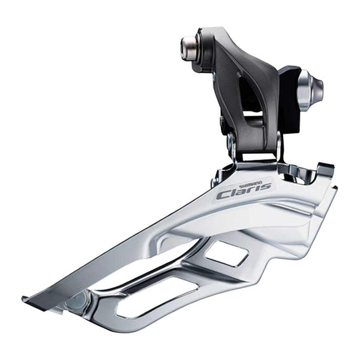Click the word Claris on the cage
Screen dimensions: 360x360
coord(243,192)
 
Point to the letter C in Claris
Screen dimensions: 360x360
coord(223,195)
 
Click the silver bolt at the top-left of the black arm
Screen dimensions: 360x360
coord(190,47)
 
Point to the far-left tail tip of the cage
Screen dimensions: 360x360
coord(25,298)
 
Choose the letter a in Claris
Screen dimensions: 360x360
coord(242,192)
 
